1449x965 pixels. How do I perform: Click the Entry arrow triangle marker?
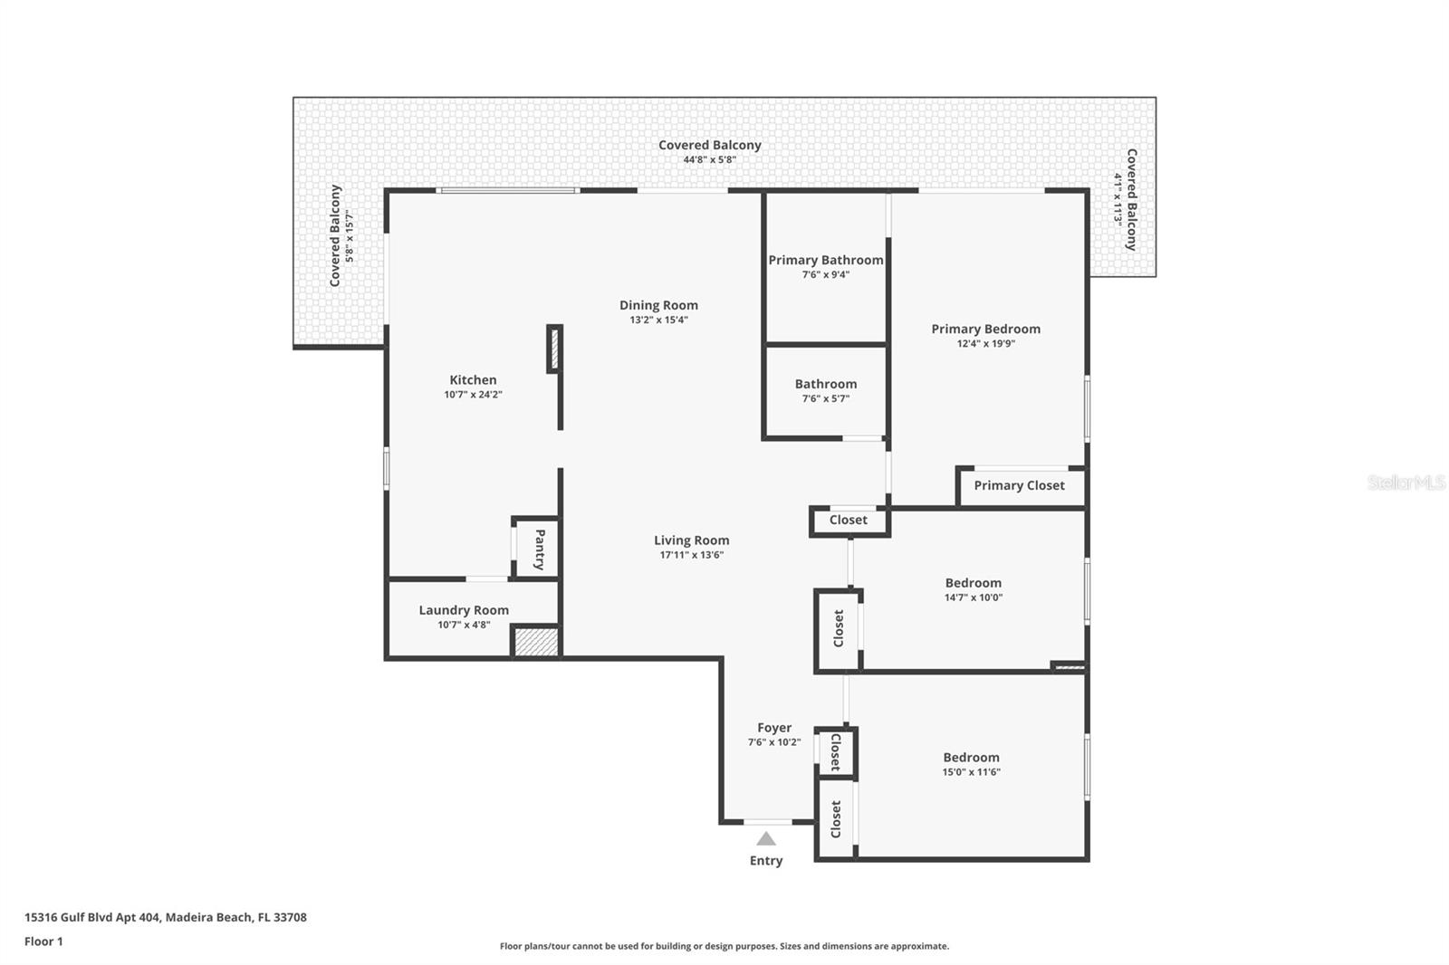tap(766, 839)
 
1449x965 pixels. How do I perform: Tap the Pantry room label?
tap(540, 549)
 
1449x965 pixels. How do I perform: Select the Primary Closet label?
tap(1019, 485)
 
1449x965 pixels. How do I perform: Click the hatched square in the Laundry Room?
tap(535, 642)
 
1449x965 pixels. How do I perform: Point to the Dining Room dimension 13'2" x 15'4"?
tap(658, 320)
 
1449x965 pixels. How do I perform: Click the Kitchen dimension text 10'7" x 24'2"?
tap(473, 395)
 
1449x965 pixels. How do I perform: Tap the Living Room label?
tap(691, 540)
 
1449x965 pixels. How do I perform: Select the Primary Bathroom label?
tap(825, 260)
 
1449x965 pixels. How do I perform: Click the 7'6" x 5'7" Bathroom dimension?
tap(825, 398)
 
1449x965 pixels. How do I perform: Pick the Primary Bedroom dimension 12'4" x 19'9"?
tap(985, 343)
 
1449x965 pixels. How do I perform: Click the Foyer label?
tap(774, 728)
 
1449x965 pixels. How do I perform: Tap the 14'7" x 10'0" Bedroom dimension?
tap(973, 597)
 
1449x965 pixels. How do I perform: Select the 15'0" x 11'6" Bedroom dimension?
tap(971, 772)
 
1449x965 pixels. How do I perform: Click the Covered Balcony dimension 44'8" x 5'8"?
tap(709, 159)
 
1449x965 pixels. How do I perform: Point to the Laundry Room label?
tap(464, 610)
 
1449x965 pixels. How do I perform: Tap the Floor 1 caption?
tap(43, 941)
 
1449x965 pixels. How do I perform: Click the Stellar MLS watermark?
tap(1406, 482)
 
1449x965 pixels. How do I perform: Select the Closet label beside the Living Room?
tap(848, 520)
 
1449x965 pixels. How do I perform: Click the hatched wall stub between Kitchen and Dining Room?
tap(554, 349)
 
